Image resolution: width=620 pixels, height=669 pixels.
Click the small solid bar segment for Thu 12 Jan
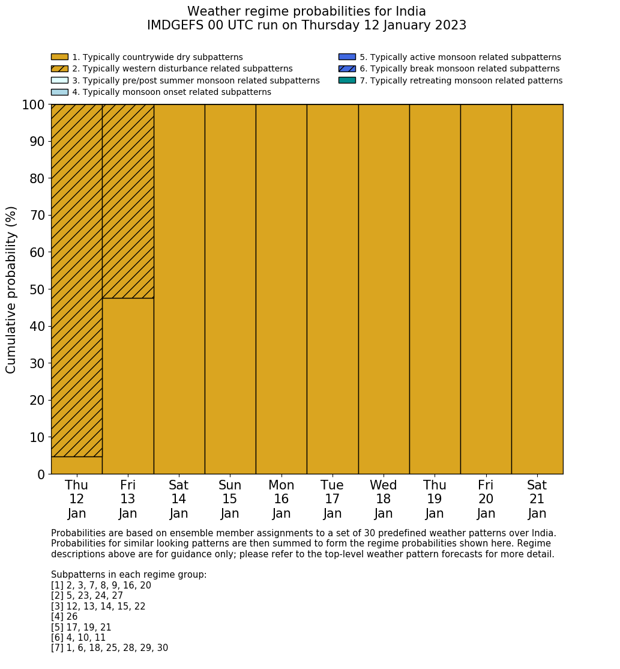(x=76, y=465)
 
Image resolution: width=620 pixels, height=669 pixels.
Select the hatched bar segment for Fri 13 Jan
(x=128, y=201)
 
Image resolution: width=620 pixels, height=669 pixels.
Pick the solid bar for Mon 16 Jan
(x=281, y=289)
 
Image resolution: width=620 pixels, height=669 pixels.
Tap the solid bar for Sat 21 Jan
(x=537, y=289)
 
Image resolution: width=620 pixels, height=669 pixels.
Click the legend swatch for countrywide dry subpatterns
(x=59, y=57)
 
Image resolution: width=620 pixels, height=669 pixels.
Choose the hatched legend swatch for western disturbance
(x=59, y=68)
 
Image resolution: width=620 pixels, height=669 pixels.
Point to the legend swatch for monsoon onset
(x=59, y=92)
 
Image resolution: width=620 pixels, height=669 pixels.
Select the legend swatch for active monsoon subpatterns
(x=347, y=57)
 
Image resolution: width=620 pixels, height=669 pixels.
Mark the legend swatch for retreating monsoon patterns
(x=347, y=80)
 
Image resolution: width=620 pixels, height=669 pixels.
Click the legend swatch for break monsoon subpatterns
(x=347, y=68)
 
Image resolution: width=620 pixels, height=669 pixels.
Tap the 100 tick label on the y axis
(x=33, y=105)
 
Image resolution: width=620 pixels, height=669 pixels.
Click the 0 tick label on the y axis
(x=41, y=474)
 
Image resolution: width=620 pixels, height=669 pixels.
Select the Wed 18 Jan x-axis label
(x=384, y=499)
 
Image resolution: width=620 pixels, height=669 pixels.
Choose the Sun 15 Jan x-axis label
(x=230, y=499)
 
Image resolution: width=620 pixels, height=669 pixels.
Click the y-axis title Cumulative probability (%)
(x=11, y=289)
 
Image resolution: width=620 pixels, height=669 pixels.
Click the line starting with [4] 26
(x=64, y=617)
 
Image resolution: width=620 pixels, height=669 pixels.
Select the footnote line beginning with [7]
(x=109, y=648)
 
